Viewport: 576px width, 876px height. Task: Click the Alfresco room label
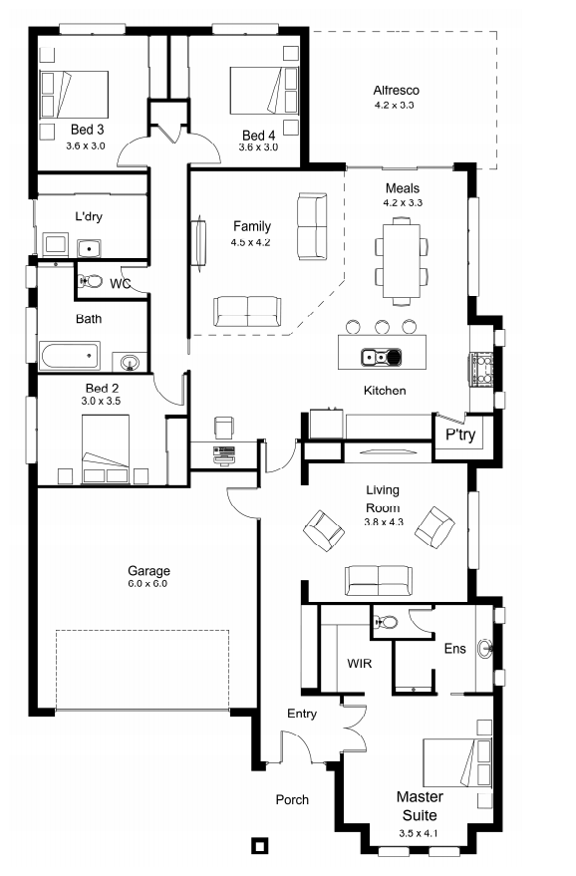(396, 90)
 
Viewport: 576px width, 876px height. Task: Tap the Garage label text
(148, 570)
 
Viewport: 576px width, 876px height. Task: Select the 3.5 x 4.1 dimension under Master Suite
(419, 833)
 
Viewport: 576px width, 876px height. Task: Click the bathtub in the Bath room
(70, 356)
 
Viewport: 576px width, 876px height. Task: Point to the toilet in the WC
(91, 280)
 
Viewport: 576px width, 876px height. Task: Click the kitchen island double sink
(381, 356)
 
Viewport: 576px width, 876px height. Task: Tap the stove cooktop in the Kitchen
(481, 370)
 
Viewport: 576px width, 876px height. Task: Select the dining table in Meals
(402, 260)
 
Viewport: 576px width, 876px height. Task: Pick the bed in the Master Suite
(456, 762)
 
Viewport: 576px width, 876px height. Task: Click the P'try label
(460, 435)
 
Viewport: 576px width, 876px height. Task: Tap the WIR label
(359, 663)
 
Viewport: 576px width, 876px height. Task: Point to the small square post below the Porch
(259, 845)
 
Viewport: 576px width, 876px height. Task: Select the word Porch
(292, 799)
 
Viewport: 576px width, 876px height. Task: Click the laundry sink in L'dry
(89, 247)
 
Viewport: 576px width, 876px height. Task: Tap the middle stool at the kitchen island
(382, 326)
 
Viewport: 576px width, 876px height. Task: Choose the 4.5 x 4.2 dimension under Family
(250, 242)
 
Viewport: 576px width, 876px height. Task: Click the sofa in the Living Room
(379, 580)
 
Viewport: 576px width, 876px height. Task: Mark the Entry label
(302, 714)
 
